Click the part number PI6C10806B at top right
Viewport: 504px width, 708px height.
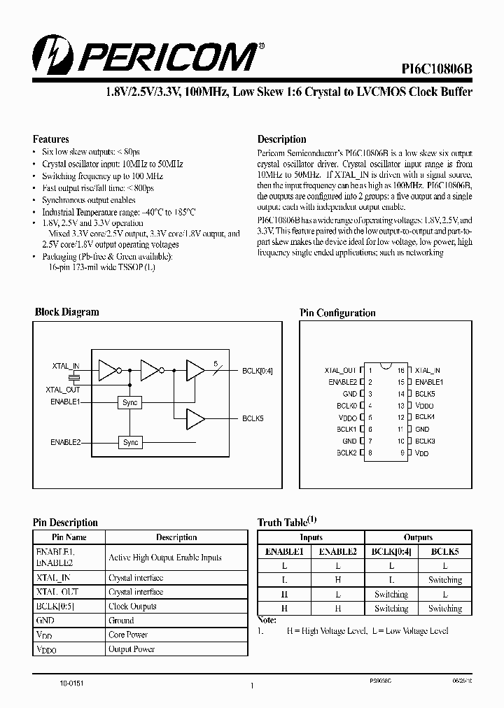tap(437, 69)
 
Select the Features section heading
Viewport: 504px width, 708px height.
tap(51, 139)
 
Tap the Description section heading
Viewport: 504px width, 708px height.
tap(282, 139)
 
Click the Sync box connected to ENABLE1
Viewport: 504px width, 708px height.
tap(130, 403)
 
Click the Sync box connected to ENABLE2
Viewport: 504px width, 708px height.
tap(130, 443)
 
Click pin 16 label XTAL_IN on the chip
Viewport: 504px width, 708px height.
tap(428, 371)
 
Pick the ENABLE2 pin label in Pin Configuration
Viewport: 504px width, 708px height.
tap(342, 382)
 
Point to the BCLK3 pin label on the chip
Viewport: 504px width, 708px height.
tap(426, 441)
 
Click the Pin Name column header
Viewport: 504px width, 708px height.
tap(69, 537)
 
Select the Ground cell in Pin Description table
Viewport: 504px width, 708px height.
tap(121, 621)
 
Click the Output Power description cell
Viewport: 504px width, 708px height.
tap(132, 649)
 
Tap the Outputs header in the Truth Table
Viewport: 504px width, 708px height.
tap(419, 537)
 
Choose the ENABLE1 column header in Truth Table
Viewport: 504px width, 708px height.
tap(284, 551)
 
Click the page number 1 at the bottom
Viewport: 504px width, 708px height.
tap(251, 688)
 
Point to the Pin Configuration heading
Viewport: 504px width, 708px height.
tap(337, 313)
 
